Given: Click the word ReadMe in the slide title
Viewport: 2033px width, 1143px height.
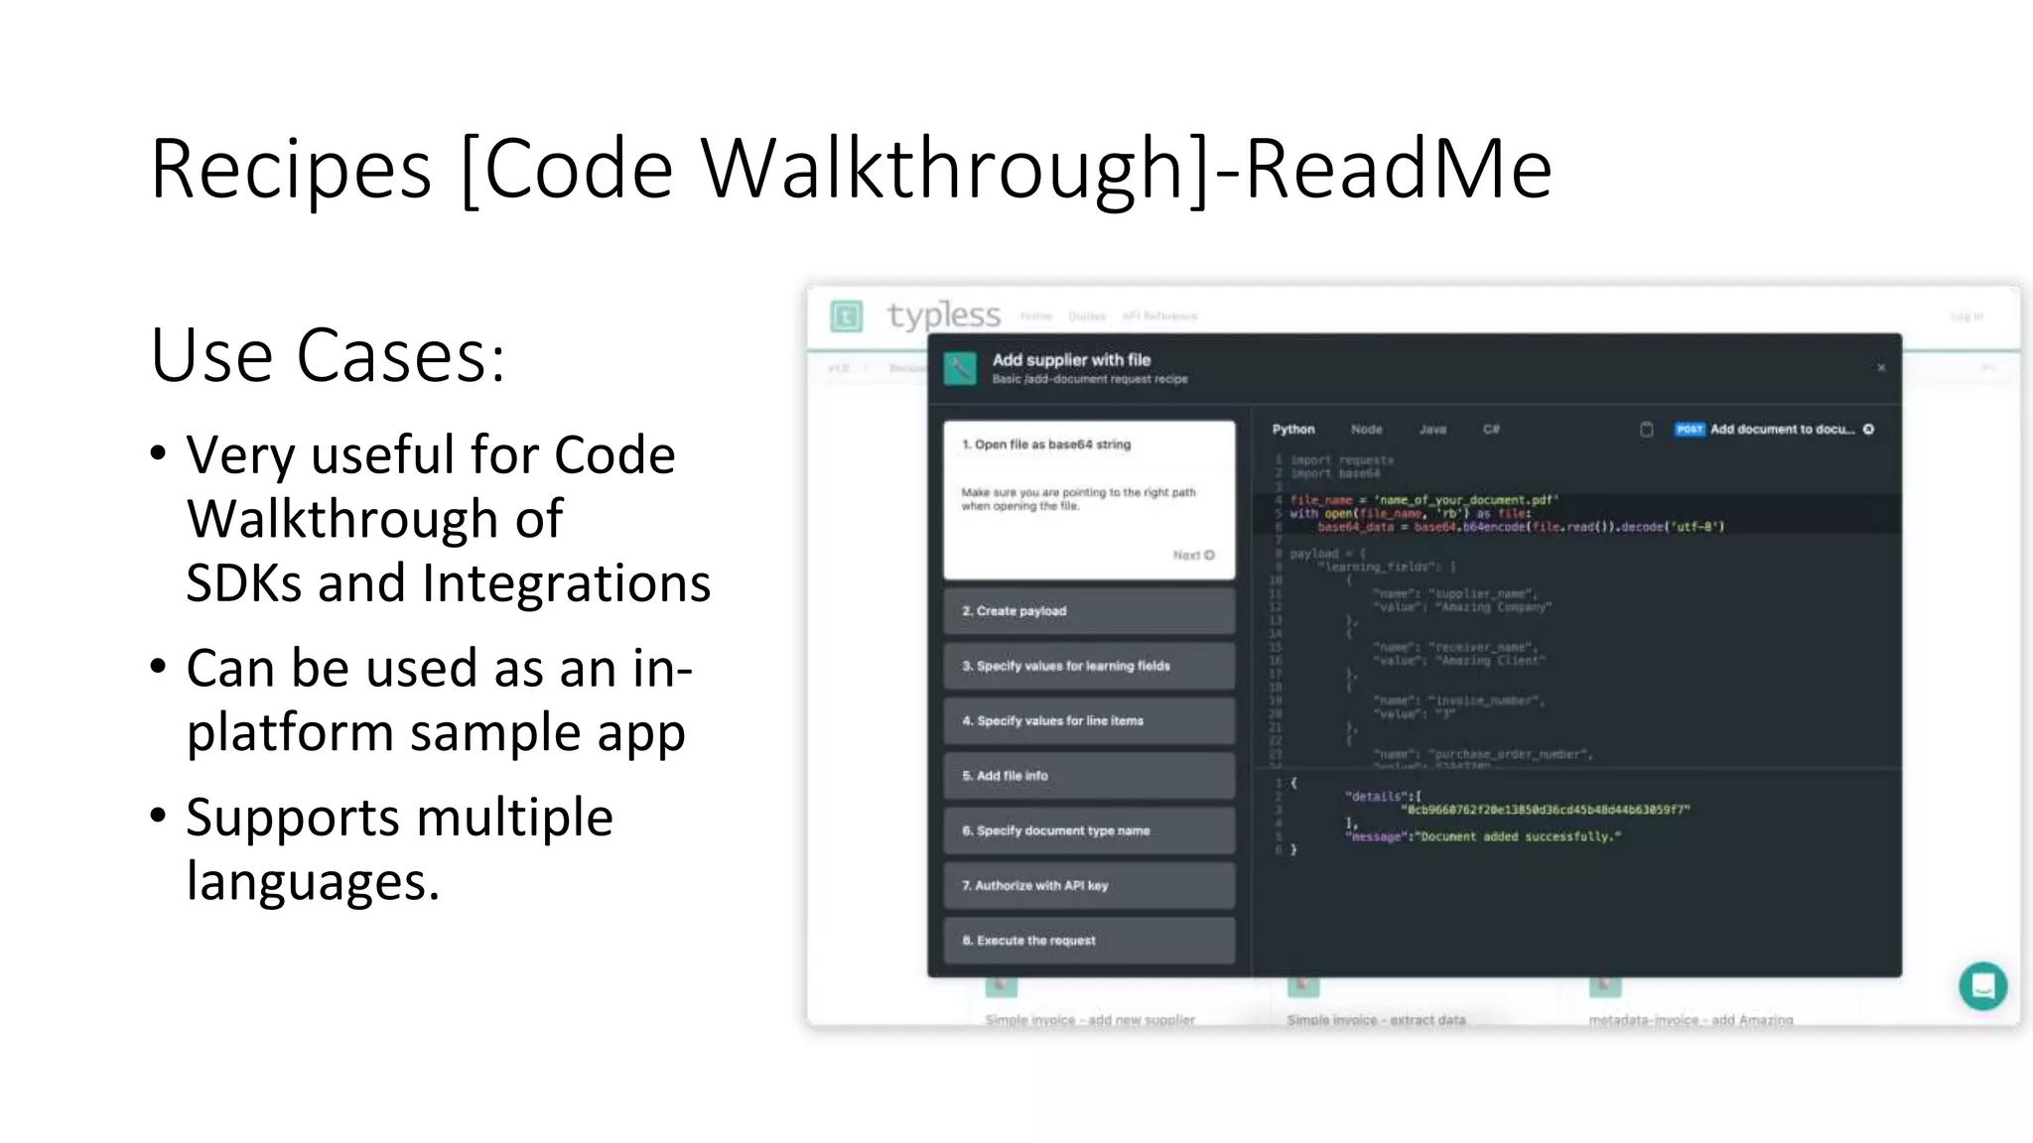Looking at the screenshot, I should click(x=1398, y=170).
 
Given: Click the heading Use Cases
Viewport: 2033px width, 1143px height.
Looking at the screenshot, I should click(x=328, y=355).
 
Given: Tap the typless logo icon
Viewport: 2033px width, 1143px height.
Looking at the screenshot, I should click(x=846, y=317).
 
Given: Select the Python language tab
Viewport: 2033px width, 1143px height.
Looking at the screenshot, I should click(x=1293, y=430).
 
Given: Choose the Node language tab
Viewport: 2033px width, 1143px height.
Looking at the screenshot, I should click(x=1366, y=430).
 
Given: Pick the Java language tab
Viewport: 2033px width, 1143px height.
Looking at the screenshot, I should click(x=1432, y=430).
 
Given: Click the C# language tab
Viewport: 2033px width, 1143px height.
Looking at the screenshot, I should click(x=1491, y=430).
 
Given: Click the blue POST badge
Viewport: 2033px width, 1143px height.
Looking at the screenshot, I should click(x=1690, y=430).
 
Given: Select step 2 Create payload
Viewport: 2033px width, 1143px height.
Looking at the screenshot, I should click(x=1089, y=611).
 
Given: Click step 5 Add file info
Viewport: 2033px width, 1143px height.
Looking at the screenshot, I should click(x=1089, y=776).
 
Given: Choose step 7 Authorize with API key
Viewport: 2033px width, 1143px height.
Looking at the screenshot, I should click(x=1089, y=885).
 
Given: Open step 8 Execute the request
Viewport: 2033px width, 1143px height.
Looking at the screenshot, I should click(x=1089, y=941).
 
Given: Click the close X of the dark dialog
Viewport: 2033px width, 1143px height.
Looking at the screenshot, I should click(x=1880, y=368).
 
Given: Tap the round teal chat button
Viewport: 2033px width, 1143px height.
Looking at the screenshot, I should click(x=1982, y=986).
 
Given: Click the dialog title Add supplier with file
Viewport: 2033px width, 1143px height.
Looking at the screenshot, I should click(x=1071, y=360).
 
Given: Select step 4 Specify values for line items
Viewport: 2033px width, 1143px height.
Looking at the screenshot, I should click(x=1089, y=721).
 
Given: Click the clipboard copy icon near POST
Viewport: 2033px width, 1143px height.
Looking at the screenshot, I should click(x=1646, y=430).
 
